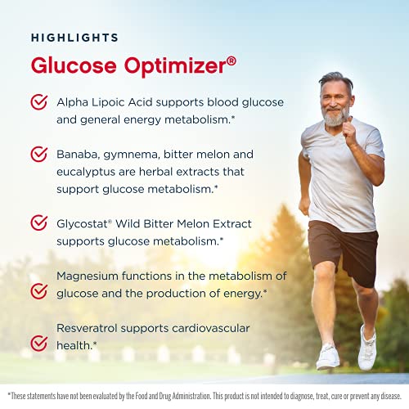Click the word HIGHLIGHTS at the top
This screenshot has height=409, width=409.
74,38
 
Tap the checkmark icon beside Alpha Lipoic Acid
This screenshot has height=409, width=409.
38,102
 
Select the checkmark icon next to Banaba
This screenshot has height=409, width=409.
38,154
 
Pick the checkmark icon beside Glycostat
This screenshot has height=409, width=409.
38,222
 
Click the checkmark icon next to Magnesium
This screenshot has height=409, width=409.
38,291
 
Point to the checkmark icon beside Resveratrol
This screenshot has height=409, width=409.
38,343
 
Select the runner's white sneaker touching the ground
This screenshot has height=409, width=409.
328,357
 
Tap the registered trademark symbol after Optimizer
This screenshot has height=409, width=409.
231,59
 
